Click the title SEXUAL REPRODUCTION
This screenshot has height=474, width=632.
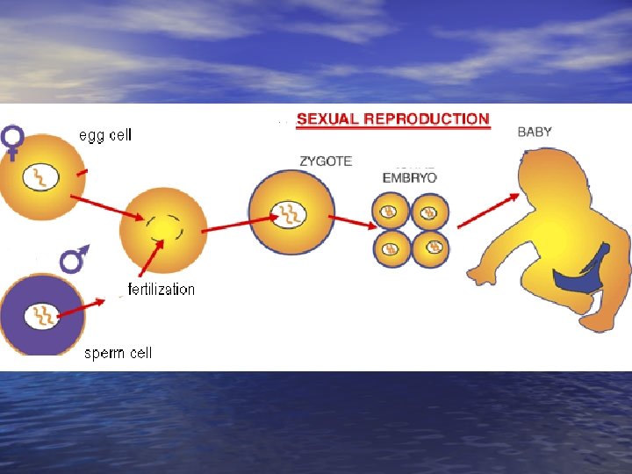[392, 118]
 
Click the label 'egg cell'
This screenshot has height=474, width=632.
[105, 135]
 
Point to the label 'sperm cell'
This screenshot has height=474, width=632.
[118, 353]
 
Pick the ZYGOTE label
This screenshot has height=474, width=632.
[325, 162]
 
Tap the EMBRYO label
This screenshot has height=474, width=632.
[409, 176]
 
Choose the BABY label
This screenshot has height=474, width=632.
[535, 132]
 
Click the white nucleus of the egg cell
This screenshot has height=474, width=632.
[41, 177]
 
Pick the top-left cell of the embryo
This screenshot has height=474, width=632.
[391, 212]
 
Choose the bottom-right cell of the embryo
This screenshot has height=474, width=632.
[430, 248]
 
